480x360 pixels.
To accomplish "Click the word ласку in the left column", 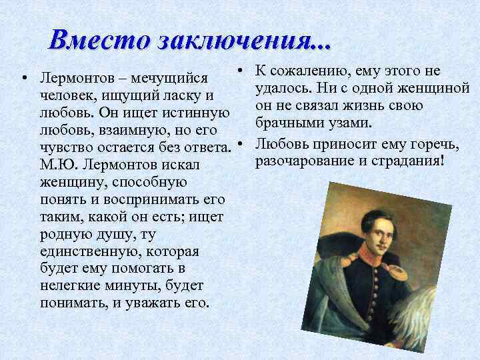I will [184, 96].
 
